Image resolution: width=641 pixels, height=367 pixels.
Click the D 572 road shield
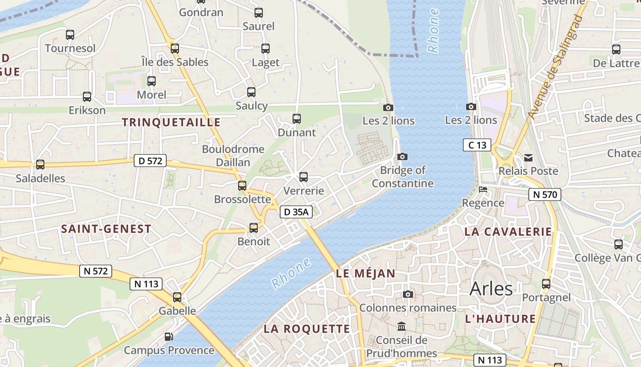(150, 161)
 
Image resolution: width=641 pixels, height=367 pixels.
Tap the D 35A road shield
(296, 211)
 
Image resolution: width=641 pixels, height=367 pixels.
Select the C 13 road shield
(477, 145)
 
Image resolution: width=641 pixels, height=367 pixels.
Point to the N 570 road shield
(544, 195)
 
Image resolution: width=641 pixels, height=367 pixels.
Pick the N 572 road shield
(96, 271)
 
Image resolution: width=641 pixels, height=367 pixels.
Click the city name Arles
(491, 289)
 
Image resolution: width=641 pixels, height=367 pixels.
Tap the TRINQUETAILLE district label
(171, 122)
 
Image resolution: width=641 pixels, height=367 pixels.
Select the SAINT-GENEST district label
(106, 229)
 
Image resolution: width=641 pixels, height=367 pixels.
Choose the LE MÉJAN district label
(365, 274)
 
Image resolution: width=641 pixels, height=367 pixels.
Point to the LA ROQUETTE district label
(307, 329)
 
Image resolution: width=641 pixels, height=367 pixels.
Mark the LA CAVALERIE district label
(508, 232)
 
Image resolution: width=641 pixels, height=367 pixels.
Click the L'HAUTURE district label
(500, 319)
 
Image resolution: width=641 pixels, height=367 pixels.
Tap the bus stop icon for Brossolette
(242, 186)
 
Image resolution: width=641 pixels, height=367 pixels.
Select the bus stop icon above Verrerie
(303, 177)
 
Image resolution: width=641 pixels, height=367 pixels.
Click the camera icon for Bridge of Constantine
(402, 157)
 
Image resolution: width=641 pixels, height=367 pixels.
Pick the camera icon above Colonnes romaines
(407, 294)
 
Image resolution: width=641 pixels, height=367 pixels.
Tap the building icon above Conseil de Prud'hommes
(402, 327)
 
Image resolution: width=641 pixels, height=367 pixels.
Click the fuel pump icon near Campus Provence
(168, 337)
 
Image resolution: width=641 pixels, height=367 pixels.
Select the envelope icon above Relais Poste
(528, 158)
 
